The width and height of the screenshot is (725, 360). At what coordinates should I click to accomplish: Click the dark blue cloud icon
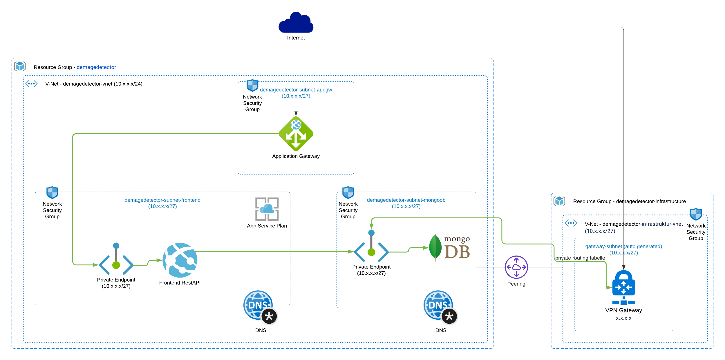296,23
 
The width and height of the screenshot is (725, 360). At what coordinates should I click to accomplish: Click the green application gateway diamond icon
296,134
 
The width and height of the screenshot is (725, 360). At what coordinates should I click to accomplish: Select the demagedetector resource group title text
96,67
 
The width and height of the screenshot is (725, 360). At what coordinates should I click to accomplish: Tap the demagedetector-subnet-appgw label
296,90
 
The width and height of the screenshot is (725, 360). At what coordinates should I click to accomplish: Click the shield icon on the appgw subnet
252,85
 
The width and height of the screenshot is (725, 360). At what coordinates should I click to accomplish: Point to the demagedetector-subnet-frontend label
162,200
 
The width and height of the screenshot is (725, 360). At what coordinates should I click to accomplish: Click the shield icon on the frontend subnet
53,192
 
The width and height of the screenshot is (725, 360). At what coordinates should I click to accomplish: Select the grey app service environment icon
267,209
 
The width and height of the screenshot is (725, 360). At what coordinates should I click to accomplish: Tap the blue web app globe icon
180,260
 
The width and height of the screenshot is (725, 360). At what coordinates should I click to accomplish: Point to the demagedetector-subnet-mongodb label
406,200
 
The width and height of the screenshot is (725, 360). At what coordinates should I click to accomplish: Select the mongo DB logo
450,248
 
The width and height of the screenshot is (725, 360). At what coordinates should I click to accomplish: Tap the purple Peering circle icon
516,267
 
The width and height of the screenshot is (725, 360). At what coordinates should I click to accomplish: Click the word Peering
516,284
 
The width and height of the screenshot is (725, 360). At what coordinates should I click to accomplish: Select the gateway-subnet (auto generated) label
623,246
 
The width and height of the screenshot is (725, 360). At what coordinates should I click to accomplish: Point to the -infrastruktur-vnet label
661,224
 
